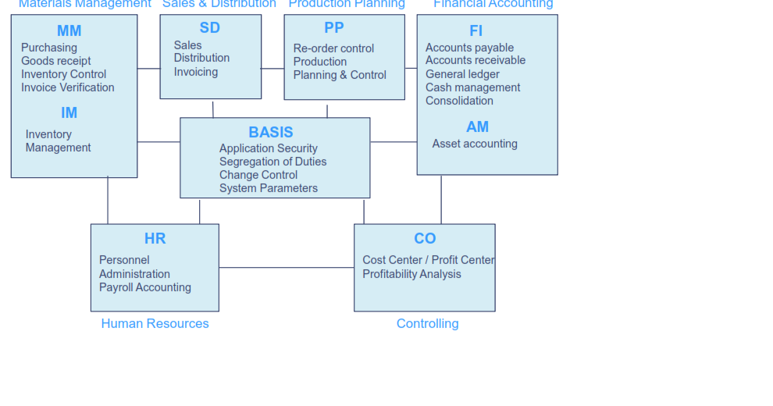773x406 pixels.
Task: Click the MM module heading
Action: [69, 31]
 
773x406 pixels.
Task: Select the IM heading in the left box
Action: [69, 112]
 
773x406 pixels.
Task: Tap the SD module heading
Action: [210, 28]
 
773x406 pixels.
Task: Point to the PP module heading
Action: [334, 28]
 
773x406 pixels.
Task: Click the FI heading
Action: [476, 31]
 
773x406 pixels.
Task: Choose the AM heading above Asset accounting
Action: [477, 126]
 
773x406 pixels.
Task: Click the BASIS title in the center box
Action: [271, 132]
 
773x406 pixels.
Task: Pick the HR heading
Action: [155, 238]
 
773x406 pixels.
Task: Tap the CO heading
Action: [425, 238]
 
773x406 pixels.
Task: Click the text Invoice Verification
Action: [68, 87]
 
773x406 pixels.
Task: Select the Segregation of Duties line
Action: [273, 162]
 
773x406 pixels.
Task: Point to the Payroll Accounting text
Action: [145, 287]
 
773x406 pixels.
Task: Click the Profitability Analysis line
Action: [411, 274]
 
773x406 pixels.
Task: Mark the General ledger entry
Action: [462, 74]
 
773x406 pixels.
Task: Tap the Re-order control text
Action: [333, 48]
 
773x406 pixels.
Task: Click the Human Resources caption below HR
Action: [155, 323]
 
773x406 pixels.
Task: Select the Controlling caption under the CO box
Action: [427, 323]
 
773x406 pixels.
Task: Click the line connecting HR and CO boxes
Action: [286, 268]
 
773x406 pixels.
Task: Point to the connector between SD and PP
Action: [273, 69]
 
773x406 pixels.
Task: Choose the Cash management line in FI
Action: [472, 87]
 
